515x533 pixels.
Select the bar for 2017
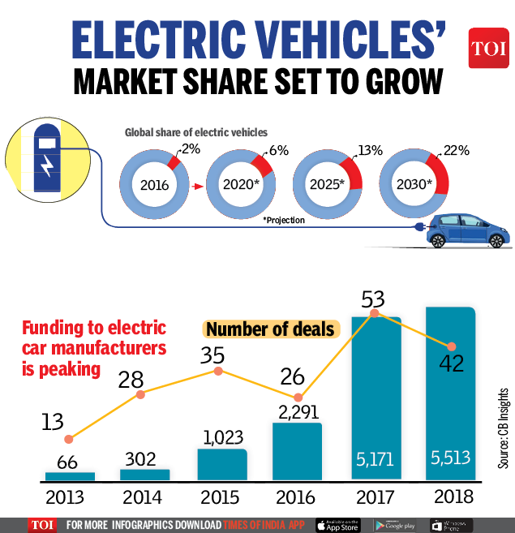376,398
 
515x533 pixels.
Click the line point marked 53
375,313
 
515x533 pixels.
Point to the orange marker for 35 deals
217,372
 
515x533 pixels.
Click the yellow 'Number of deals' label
269,329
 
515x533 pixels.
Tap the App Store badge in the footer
337,525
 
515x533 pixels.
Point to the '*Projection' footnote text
284,220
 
